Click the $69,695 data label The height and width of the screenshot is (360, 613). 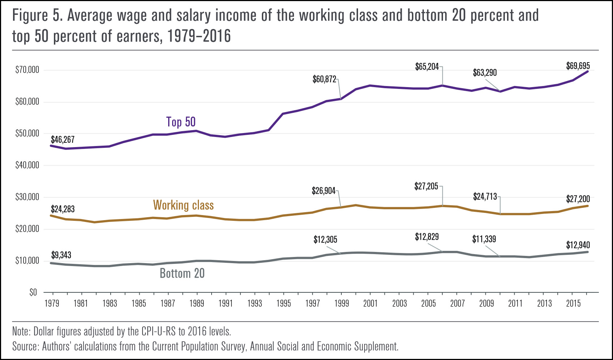[578, 66]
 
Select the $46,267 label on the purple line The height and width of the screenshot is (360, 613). [63, 140]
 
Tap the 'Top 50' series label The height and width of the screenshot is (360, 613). [181, 122]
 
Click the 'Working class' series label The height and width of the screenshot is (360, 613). [183, 205]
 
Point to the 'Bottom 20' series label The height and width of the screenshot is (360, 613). [182, 273]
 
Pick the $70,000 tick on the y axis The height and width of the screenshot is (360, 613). [27, 70]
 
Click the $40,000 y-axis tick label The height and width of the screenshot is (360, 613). [27, 165]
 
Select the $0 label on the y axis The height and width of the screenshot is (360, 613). [33, 292]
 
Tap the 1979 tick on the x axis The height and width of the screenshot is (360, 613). [52, 303]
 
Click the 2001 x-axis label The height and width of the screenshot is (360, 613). [370, 303]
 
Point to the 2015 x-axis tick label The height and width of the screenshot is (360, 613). [573, 303]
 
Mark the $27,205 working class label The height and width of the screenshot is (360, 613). [426, 187]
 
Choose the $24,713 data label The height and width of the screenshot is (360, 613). [485, 197]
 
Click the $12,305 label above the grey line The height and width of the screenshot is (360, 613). [325, 240]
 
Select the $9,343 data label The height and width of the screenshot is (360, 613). [61, 255]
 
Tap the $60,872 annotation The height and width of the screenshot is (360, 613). [324, 79]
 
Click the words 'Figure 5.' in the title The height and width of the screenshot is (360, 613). [30, 16]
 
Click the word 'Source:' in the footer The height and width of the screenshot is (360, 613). [25, 346]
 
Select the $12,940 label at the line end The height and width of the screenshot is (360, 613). [578, 245]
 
